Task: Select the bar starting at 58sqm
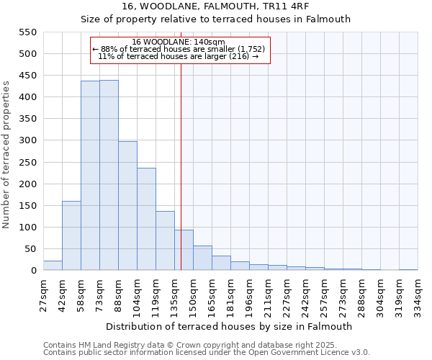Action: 90,176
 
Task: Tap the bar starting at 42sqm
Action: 71,235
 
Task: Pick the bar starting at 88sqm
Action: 127,206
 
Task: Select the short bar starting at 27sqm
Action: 53,266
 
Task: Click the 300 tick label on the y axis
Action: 27,140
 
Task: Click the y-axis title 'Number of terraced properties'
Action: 6,155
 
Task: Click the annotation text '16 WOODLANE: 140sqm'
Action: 179,42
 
